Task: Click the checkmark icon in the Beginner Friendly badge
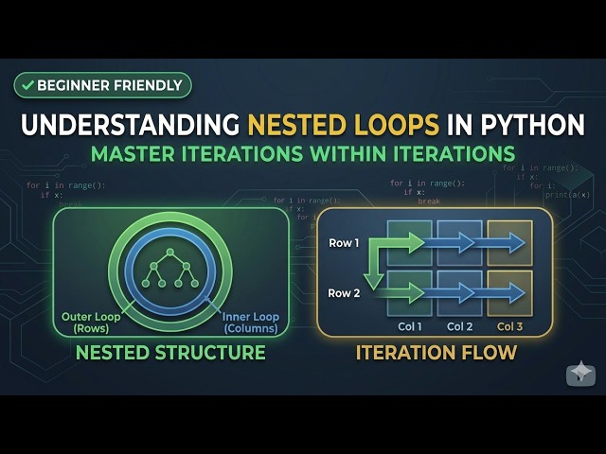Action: (27, 85)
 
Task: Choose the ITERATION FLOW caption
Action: (436, 354)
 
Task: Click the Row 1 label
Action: (345, 243)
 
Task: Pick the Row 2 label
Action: (345, 292)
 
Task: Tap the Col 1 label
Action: (409, 326)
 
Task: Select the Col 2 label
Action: (459, 326)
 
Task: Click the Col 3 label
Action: (510, 326)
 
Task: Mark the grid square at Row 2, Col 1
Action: (409, 293)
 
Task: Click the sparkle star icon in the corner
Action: (580, 374)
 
